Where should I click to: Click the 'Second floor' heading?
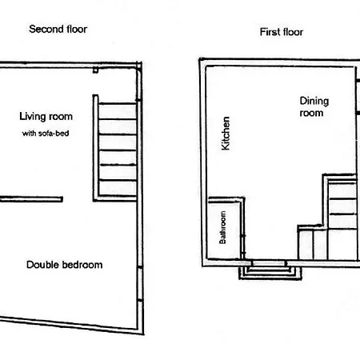click(58, 29)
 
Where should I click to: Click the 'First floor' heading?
click(282, 32)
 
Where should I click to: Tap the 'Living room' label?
click(46, 117)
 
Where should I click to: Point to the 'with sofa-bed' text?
click(46, 133)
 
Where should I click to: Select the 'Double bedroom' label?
click(65, 265)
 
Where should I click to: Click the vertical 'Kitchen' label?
click(226, 134)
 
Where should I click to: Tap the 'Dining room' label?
click(314, 106)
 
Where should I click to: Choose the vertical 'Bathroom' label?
click(222, 227)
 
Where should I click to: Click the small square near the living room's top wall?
click(95, 70)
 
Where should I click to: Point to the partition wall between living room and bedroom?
click(31, 199)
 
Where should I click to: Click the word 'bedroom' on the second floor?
click(82, 265)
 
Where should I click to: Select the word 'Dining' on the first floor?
click(314, 102)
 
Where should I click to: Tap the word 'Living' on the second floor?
click(30, 117)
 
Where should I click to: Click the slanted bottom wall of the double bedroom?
click(72, 326)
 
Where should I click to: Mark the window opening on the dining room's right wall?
click(358, 97)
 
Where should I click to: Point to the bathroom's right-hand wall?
click(243, 228)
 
